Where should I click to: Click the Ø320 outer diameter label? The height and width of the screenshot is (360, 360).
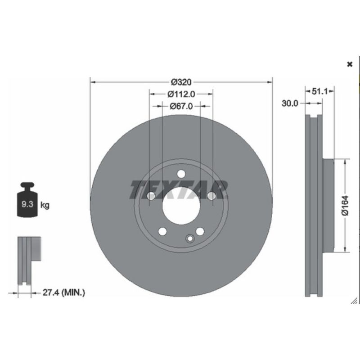pos(181,82)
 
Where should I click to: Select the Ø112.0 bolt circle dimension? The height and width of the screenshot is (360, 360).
pos(181,94)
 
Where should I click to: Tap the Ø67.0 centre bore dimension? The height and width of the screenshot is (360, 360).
pos(181,106)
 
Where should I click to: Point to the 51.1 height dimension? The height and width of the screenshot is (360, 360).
pos(319,91)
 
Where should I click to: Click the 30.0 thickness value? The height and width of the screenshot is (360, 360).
pos(290,103)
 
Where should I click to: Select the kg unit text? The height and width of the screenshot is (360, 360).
pos(45,205)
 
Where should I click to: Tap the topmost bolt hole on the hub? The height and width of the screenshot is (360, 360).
pos(181,174)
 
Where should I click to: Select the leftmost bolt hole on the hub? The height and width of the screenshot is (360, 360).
pos(151,196)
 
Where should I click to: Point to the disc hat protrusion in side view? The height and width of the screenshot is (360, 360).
pos(329,205)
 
